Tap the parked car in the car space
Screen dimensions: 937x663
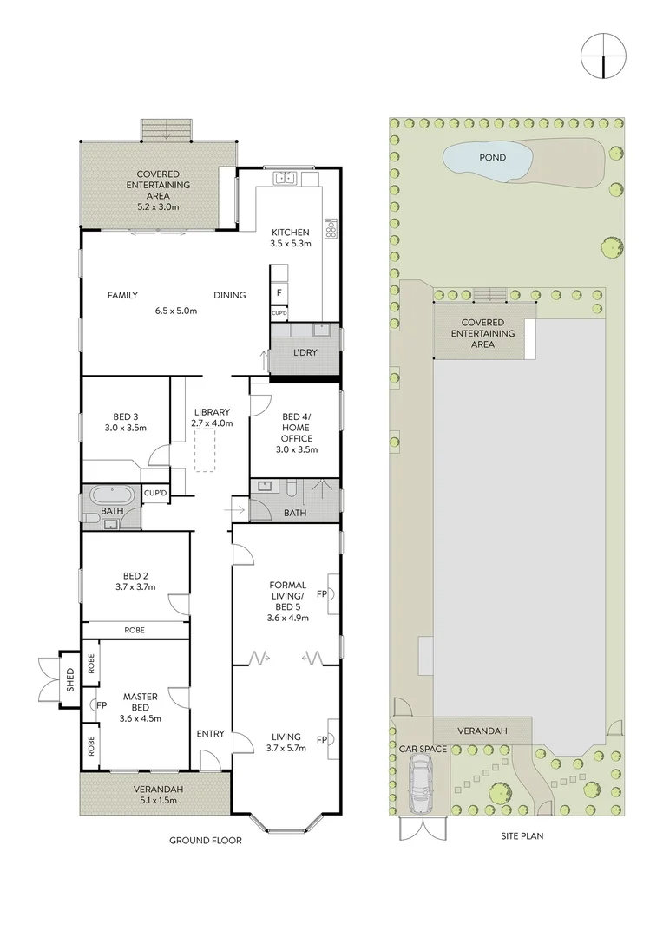coord(421,781)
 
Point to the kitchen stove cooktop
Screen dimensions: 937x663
coord(330,228)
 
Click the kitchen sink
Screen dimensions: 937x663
coord(286,179)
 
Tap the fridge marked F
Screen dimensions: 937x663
coord(279,293)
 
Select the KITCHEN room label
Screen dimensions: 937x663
coord(290,233)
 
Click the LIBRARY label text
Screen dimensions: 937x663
coord(211,411)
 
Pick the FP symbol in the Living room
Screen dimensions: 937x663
coord(322,740)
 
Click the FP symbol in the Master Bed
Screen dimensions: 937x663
coord(101,705)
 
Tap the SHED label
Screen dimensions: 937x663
coord(70,680)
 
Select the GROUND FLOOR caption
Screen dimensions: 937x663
coord(205,840)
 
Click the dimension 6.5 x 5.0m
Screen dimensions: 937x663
coord(176,310)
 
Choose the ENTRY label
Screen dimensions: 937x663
coord(210,734)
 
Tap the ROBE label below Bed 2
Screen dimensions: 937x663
coord(134,630)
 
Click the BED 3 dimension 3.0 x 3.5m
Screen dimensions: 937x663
coord(125,428)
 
